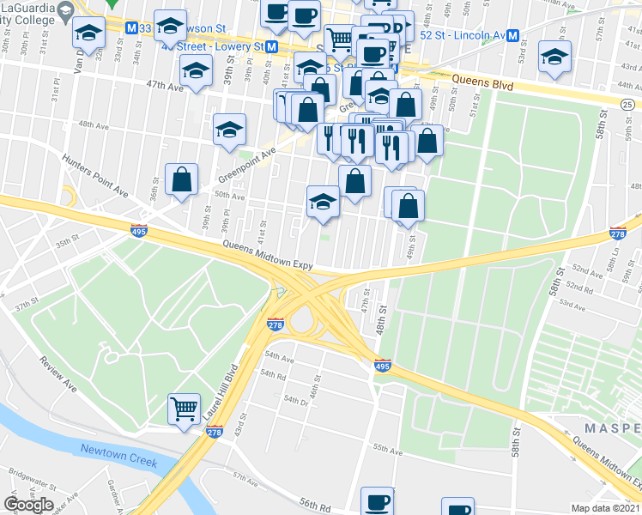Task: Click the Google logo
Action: [28, 505]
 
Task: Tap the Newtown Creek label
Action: [119, 455]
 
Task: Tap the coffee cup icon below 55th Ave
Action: [376, 500]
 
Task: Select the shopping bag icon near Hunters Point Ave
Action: [182, 179]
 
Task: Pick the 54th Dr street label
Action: [295, 401]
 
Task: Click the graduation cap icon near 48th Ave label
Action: [229, 130]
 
